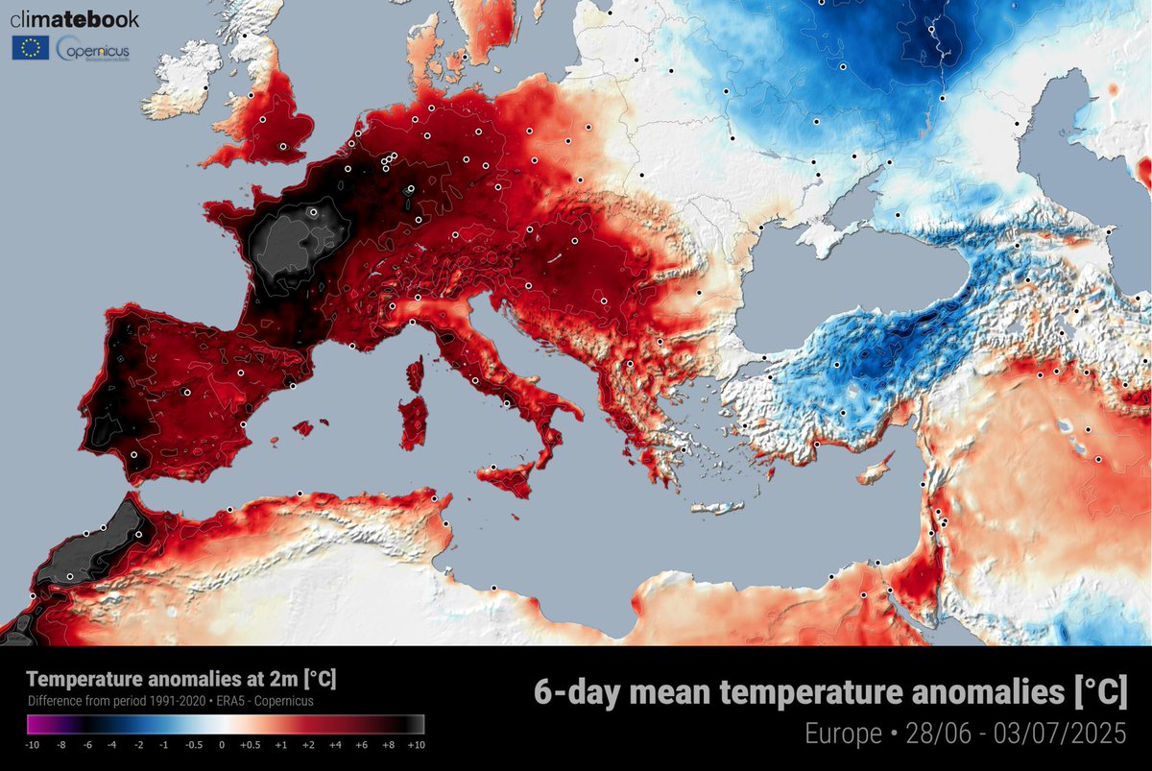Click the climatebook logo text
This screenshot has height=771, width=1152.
74,19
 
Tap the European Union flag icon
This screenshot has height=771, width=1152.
30,48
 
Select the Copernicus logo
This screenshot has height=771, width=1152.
93,48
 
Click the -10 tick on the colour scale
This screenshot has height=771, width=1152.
32,744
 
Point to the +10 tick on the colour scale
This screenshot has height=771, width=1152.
417,744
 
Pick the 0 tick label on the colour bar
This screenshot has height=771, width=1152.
222,744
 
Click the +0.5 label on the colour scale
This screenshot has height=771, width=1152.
250,744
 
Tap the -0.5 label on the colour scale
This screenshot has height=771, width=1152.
195,744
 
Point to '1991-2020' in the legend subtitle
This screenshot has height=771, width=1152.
191,701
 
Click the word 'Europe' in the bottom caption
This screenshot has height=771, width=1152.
843,735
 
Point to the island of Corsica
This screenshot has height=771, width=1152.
417,373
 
